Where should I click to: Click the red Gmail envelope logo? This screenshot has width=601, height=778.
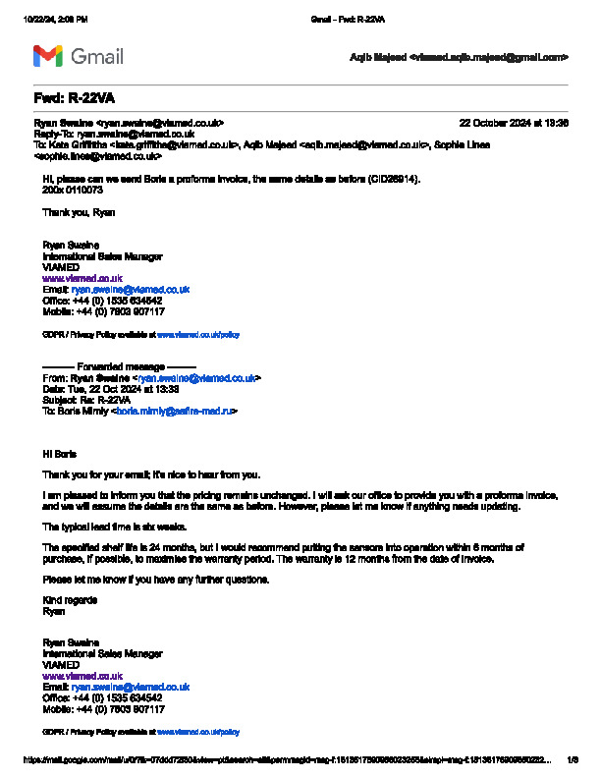pos(47,56)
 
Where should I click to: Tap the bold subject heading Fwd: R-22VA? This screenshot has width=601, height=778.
pos(74,98)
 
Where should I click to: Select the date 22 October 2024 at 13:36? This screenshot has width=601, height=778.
pos(514,123)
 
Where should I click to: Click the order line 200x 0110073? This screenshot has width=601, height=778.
pos(72,191)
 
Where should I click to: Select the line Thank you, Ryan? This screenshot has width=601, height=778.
pos(79,212)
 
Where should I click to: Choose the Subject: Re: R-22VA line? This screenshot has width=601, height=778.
pos(86,400)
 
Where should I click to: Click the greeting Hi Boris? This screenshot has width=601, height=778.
pos(59,455)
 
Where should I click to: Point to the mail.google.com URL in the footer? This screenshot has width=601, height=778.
pos(285,759)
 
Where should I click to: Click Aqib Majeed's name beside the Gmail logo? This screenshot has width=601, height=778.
pos(377,57)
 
